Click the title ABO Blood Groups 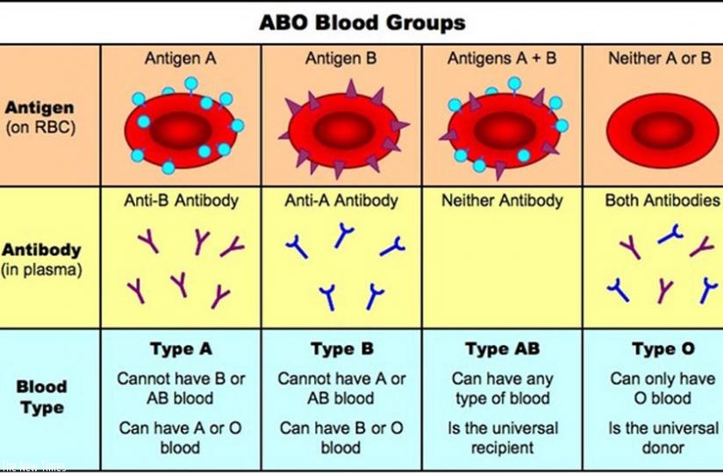362,22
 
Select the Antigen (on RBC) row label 39,117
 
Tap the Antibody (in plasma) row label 42,259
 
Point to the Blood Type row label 42,397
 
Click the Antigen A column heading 180,59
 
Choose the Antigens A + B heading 501,59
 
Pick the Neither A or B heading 660,59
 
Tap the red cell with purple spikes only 342,127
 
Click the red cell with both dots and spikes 503,127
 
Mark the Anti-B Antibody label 181,200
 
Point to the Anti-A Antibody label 342,200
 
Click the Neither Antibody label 502,200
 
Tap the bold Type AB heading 502,349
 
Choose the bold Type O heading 662,349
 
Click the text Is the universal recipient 502,438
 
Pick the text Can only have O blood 662,389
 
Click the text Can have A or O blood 181,438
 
